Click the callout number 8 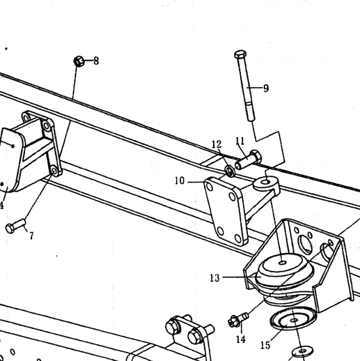point(96,61)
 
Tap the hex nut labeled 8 point(79,61)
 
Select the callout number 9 point(266,89)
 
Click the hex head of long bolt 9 point(240,54)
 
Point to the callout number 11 point(240,141)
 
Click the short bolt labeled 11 point(248,160)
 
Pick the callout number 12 point(217,144)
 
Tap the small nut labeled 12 point(230,171)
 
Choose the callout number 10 point(180,180)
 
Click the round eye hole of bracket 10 point(265,182)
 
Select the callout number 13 point(214,278)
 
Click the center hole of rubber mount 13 point(283,263)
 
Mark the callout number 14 point(241,339)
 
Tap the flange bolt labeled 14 point(238,320)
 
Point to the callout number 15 point(265,345)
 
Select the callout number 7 point(31,236)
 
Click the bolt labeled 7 point(15,226)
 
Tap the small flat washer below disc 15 point(302,352)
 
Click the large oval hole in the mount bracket point(305,245)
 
